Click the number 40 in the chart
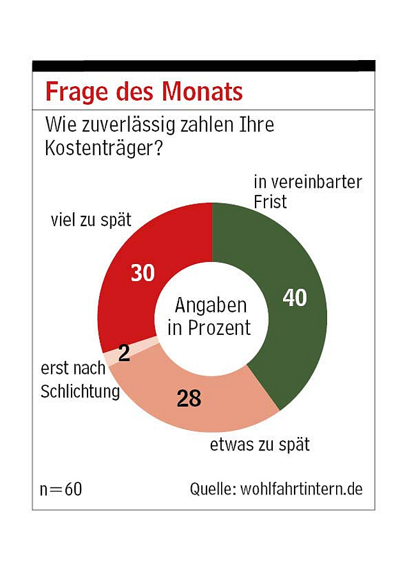pos(295,298)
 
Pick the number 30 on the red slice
pos(143,273)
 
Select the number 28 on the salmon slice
pos(188,399)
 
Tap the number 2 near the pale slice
pos(125,353)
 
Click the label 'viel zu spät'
pos(91,220)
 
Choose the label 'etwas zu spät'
pos(259,445)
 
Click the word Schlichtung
pos(81,391)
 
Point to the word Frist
pos(270,202)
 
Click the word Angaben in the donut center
pos(211,305)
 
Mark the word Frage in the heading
pos(70,92)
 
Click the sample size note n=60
pos(61,489)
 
